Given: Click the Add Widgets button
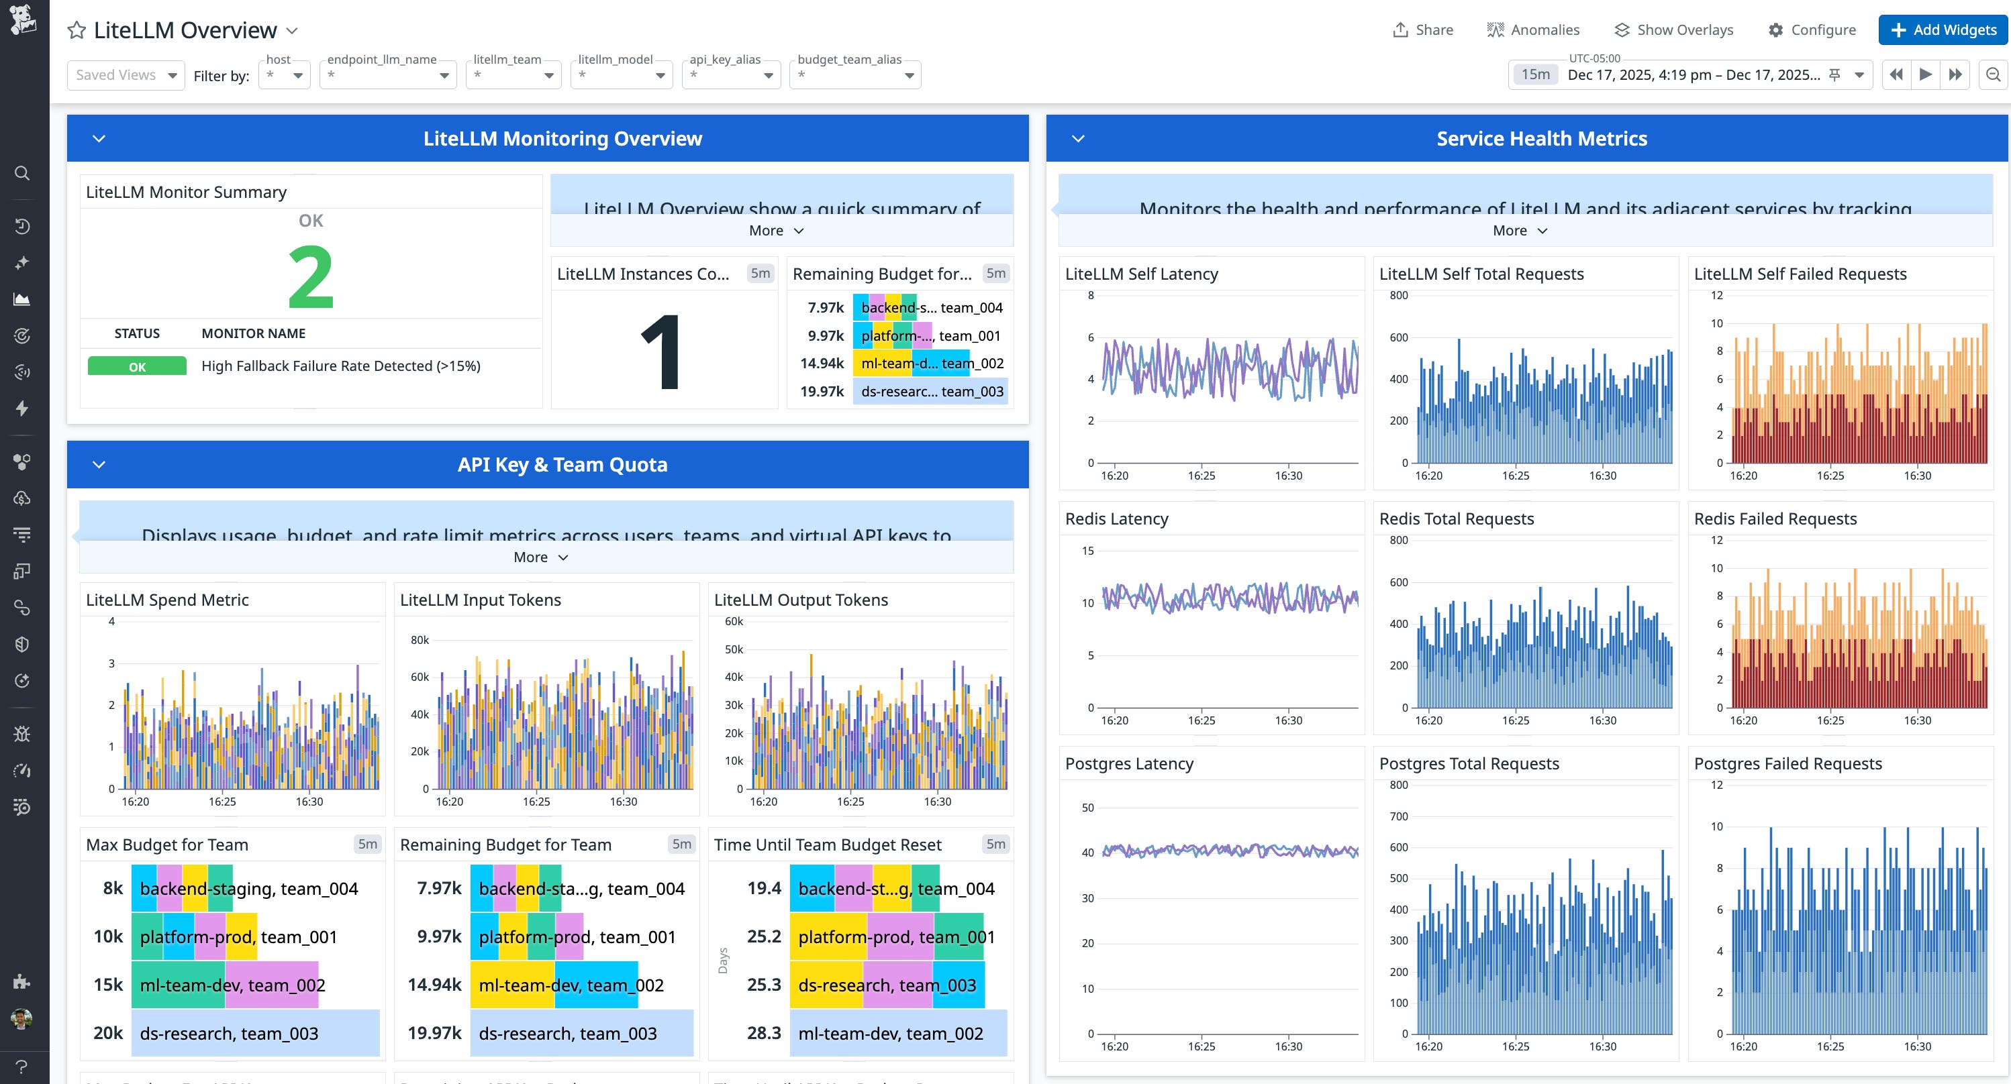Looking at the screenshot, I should [1943, 30].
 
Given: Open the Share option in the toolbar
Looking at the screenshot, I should [1422, 30].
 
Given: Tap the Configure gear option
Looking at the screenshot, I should [1811, 30].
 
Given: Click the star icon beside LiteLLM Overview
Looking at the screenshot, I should [77, 30].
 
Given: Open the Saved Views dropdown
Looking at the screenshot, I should [126, 75].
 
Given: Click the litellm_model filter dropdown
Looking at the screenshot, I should [622, 75].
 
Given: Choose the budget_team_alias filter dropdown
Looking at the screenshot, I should [855, 75].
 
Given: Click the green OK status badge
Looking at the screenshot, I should [137, 366].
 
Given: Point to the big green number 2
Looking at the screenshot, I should [310, 276].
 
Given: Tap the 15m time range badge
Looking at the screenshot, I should [1535, 75].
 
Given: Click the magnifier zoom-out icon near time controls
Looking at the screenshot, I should [1993, 75].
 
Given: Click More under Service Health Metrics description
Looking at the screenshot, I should [1518, 230].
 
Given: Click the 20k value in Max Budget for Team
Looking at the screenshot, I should [107, 1032].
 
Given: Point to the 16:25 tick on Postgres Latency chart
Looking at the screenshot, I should [1201, 1046].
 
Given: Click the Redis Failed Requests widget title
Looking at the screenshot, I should [1775, 519].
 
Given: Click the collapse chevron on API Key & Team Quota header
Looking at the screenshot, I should [99, 464].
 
